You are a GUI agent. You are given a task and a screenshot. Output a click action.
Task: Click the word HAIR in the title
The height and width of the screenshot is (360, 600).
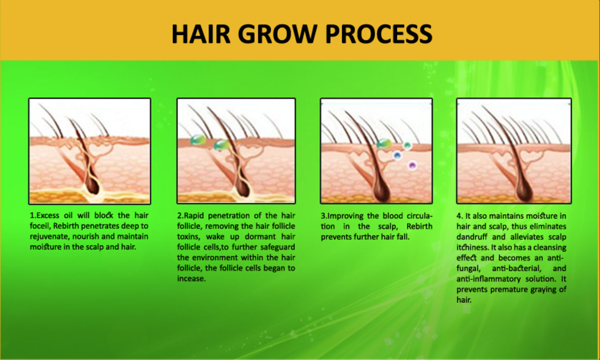coord(201,34)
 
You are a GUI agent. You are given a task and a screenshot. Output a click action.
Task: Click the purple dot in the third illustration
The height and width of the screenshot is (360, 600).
coord(413,165)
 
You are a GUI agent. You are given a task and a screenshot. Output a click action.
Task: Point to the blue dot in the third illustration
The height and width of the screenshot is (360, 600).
coord(397,155)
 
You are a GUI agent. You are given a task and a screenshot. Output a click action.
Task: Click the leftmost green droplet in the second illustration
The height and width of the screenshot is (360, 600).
coord(198,140)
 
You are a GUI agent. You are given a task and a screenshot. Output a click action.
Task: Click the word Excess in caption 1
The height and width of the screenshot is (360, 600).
coord(48,215)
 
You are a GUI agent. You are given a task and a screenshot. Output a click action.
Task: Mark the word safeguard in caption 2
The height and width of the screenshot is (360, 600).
coord(277,247)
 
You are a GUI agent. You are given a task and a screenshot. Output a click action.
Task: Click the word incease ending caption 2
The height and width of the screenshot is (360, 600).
coord(191,279)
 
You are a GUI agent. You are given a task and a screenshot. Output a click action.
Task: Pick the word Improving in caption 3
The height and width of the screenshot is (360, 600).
coord(345,216)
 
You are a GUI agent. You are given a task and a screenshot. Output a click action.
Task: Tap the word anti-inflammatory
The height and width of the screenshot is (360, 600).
coord(488,279)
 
